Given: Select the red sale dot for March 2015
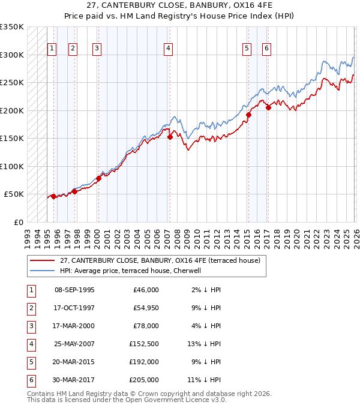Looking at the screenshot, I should point(248,115).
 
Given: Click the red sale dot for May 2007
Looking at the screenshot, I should point(170,137).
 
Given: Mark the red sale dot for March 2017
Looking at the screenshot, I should point(268,108).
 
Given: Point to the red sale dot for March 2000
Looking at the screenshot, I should point(98,178).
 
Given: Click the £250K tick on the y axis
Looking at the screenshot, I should point(12,83).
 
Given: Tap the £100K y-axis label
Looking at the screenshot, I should point(12,166).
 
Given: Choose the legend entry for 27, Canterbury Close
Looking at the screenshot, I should point(160,260).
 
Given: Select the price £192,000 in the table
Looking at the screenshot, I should point(143,362).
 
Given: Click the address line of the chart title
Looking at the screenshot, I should point(180,6).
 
